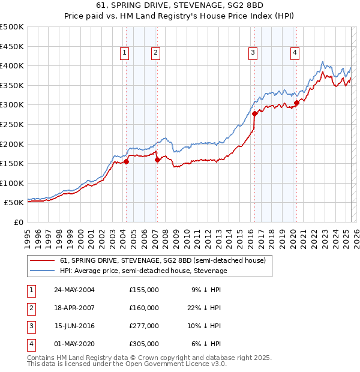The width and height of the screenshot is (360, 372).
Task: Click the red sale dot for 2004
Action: [127, 161]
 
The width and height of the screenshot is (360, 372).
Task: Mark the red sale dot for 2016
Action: [254, 113]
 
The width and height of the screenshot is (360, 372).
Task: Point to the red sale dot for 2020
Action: [296, 103]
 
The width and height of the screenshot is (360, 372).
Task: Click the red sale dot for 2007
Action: [157, 160]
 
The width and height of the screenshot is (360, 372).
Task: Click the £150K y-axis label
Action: [12, 163]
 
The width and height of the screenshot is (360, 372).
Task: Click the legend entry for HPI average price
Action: [143, 271]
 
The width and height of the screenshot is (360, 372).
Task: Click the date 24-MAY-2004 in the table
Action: [74, 290]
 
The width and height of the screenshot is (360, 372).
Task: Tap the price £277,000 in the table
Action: [144, 326]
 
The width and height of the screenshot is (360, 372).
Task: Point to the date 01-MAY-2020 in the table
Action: [74, 344]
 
